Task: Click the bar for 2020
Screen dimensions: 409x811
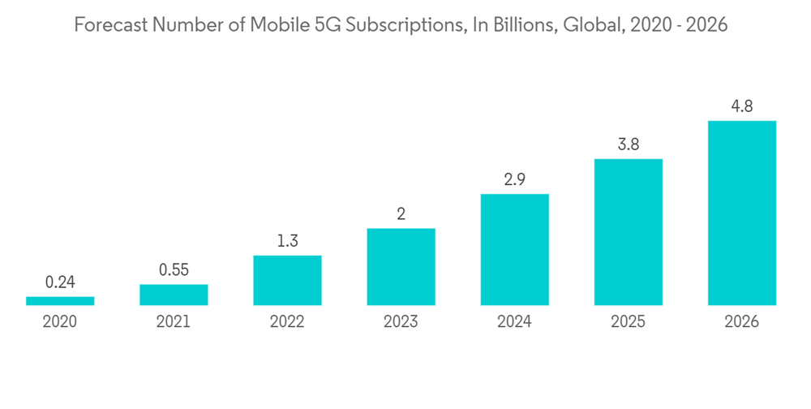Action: pos(60,301)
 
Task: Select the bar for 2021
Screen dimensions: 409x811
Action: pos(174,295)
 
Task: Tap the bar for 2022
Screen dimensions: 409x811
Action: pos(287,281)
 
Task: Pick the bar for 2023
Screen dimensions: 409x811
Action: pos(401,267)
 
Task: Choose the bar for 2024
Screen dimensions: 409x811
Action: pos(514,250)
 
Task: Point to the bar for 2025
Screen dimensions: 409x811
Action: pos(628,232)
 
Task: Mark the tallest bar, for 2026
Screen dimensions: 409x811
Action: pos(741,213)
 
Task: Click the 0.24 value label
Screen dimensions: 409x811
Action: pos(60,282)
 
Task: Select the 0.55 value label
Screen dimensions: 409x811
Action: pos(174,269)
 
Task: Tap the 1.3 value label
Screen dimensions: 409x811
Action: pos(287,241)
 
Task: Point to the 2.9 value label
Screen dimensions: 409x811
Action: pos(514,180)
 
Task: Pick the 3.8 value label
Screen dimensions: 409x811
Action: pos(628,144)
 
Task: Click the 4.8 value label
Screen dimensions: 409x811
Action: pos(741,106)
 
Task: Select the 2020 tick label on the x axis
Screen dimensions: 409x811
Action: pos(60,322)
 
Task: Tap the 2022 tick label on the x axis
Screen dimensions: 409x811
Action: pos(287,322)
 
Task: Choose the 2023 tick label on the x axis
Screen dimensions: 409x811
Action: pos(401,322)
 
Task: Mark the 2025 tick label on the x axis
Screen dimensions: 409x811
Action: pos(628,322)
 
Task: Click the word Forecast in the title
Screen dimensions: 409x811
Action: pos(105,25)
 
